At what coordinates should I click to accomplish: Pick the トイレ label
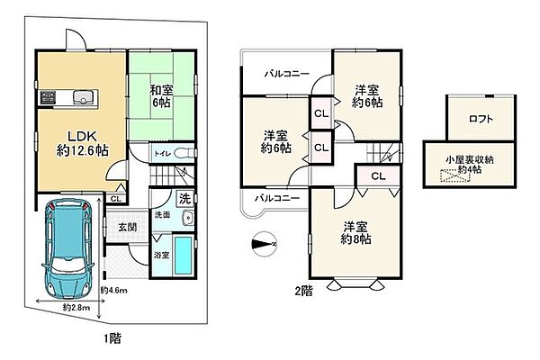[163, 154]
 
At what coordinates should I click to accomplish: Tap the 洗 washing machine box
[183, 198]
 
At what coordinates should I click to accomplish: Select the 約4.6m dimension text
[113, 290]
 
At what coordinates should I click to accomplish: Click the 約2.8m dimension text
[76, 309]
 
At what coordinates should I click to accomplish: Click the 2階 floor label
[302, 291]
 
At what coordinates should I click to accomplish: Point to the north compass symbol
[263, 242]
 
